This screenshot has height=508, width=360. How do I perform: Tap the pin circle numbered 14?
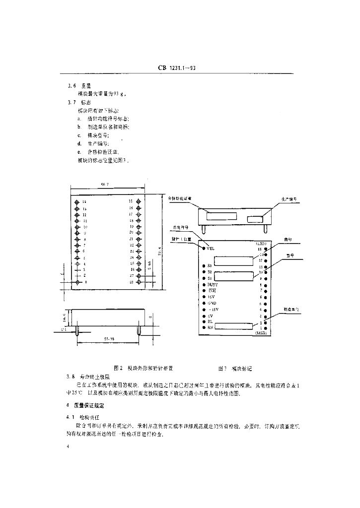77,202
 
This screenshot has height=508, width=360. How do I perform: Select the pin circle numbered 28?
144,282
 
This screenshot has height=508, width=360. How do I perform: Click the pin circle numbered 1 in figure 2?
77,282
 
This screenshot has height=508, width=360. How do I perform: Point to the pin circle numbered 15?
144,202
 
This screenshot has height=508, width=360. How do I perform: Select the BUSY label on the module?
213,285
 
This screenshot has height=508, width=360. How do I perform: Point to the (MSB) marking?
261,334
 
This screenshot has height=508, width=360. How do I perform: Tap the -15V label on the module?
212,309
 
